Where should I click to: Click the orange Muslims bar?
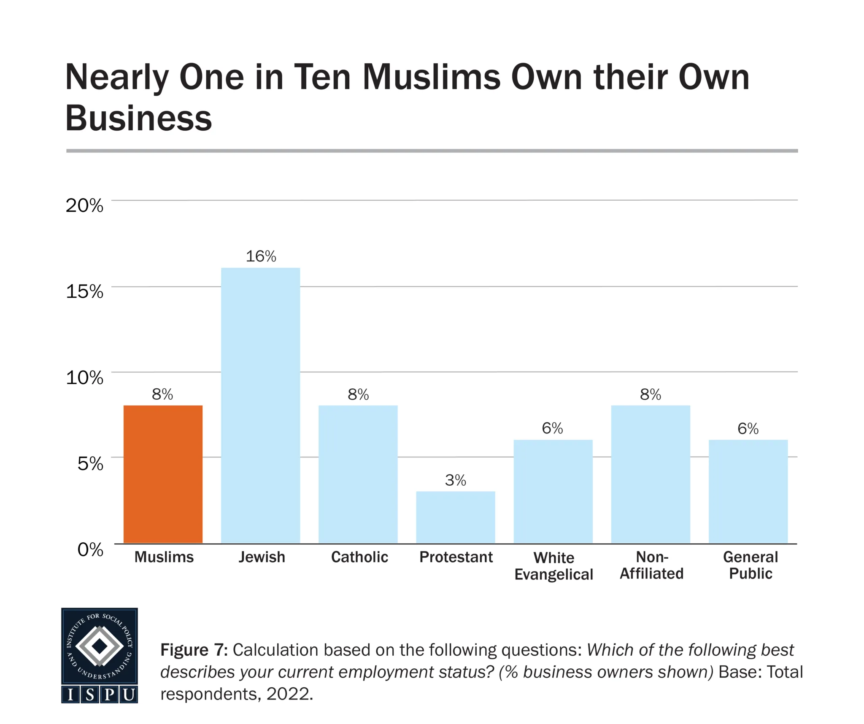(163, 474)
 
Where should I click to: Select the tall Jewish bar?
(260, 405)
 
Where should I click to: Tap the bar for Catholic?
(358, 474)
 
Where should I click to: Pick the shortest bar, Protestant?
(455, 517)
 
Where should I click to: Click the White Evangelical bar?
(553, 491)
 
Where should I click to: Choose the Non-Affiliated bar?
(650, 474)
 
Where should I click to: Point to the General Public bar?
(748, 491)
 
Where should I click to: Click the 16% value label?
(261, 256)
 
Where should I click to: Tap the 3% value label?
(455, 480)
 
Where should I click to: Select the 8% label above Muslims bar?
(162, 394)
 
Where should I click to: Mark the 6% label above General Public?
(748, 429)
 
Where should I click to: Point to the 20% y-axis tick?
(84, 206)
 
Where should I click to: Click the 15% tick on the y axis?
(84, 291)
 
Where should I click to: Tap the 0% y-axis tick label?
(90, 549)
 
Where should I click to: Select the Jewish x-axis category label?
(262, 557)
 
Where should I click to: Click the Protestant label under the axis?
(456, 557)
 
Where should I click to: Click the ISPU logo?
(100, 655)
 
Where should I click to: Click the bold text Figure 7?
(194, 650)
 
